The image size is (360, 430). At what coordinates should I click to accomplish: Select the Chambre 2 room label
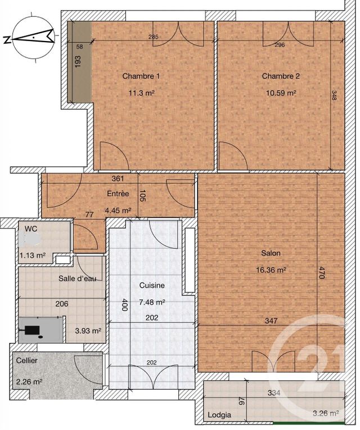281,76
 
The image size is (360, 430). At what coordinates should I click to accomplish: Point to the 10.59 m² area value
281,93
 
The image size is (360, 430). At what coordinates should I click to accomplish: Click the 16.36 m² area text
271,270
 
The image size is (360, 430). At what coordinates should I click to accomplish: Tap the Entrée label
118,194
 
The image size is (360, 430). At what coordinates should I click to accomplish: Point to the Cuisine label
152,286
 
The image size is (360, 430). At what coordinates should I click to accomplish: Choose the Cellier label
27,360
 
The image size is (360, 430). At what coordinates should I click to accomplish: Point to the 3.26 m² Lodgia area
326,414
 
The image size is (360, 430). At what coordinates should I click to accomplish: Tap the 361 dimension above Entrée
118,179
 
